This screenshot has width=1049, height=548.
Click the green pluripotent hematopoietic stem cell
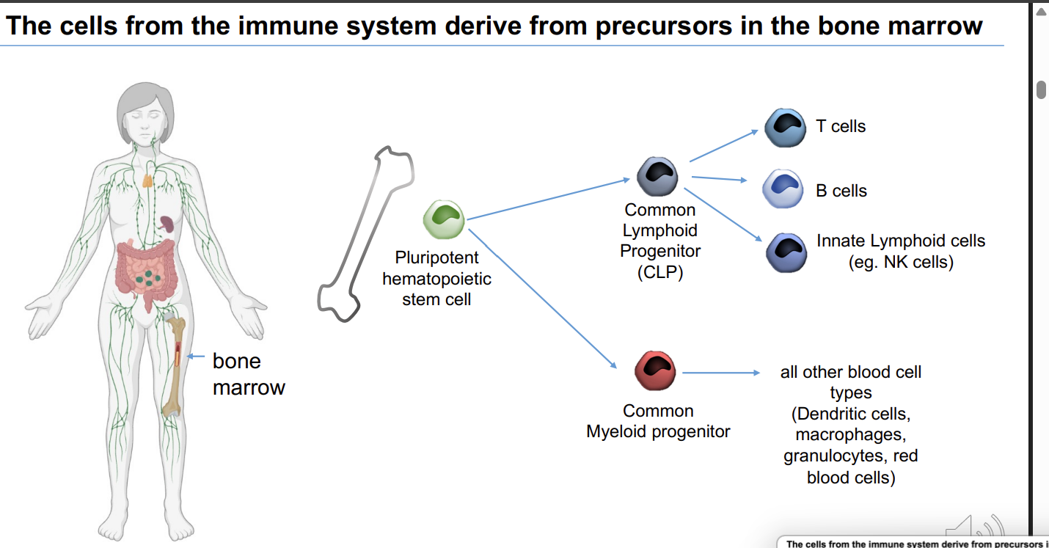coord(445,219)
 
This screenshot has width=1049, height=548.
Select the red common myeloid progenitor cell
coord(655,371)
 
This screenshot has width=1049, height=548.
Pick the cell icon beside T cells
coord(785,127)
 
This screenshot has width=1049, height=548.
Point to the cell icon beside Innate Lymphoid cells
coord(786,252)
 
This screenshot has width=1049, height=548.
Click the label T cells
coord(841,126)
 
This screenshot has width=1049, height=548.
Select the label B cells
coord(841,191)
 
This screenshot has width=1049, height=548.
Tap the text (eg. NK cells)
coord(901,262)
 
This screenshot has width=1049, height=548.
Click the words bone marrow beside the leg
coord(248,374)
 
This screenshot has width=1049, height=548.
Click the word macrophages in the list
coord(850,435)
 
